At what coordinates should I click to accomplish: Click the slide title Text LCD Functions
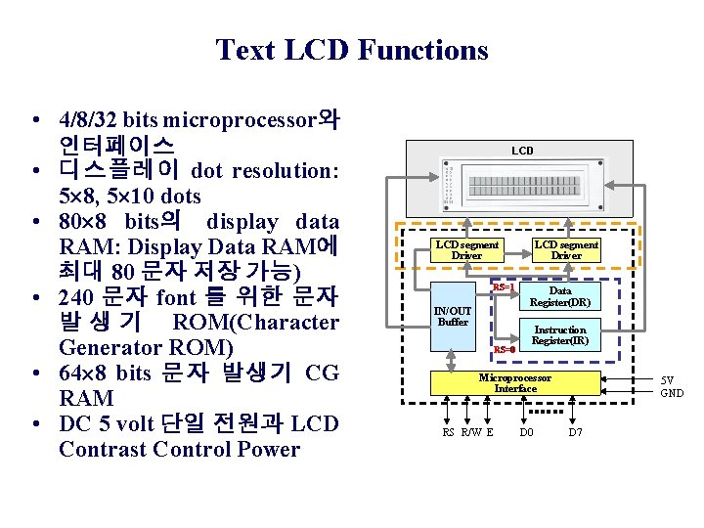click(x=351, y=49)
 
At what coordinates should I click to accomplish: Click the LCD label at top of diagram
click(x=523, y=151)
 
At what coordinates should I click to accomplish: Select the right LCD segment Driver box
click(x=565, y=250)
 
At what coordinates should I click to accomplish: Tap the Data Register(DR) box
click(x=559, y=297)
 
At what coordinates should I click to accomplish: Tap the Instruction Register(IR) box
click(x=559, y=335)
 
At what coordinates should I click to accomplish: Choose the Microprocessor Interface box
click(x=515, y=383)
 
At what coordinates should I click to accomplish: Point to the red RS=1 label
click(x=504, y=287)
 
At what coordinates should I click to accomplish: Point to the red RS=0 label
click(x=504, y=349)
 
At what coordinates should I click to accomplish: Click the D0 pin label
click(x=527, y=432)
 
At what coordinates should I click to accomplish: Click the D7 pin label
click(x=575, y=432)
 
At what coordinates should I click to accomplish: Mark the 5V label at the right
click(x=667, y=379)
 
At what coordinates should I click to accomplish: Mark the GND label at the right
click(x=672, y=393)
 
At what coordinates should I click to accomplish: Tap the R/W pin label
click(x=470, y=432)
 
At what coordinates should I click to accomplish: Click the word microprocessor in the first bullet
click(x=241, y=120)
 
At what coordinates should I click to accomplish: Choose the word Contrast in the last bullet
click(x=107, y=450)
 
